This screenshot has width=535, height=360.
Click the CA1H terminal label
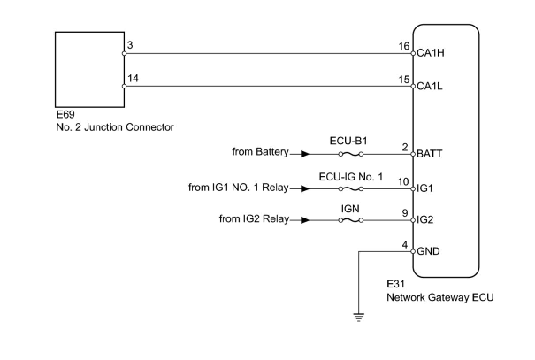pyautogui.click(x=430, y=53)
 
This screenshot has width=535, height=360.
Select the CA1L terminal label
pyautogui.click(x=430, y=86)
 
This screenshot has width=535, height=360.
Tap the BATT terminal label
pyautogui.click(x=429, y=154)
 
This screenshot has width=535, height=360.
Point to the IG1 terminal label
pyautogui.click(x=425, y=189)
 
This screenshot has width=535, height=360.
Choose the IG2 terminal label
pyautogui.click(x=425, y=220)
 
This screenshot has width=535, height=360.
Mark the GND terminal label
pyautogui.click(x=428, y=251)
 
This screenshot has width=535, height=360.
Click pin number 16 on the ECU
pyautogui.click(x=404, y=46)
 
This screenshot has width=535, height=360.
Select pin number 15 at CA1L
pyautogui.click(x=404, y=80)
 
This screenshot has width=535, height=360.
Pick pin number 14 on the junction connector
pyautogui.click(x=132, y=79)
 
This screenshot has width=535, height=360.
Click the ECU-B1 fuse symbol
pyautogui.click(x=351, y=154)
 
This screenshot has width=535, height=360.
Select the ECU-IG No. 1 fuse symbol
pyautogui.click(x=351, y=189)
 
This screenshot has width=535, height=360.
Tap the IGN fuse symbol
pyautogui.click(x=351, y=220)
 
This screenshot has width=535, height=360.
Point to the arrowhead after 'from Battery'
pyautogui.click(x=305, y=154)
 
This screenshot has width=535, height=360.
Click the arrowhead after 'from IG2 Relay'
pyautogui.click(x=305, y=220)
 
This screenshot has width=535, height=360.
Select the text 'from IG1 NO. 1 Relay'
pyautogui.click(x=238, y=188)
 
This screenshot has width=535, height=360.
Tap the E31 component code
pyautogui.click(x=396, y=284)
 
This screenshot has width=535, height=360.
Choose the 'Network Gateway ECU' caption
pyautogui.click(x=440, y=297)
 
